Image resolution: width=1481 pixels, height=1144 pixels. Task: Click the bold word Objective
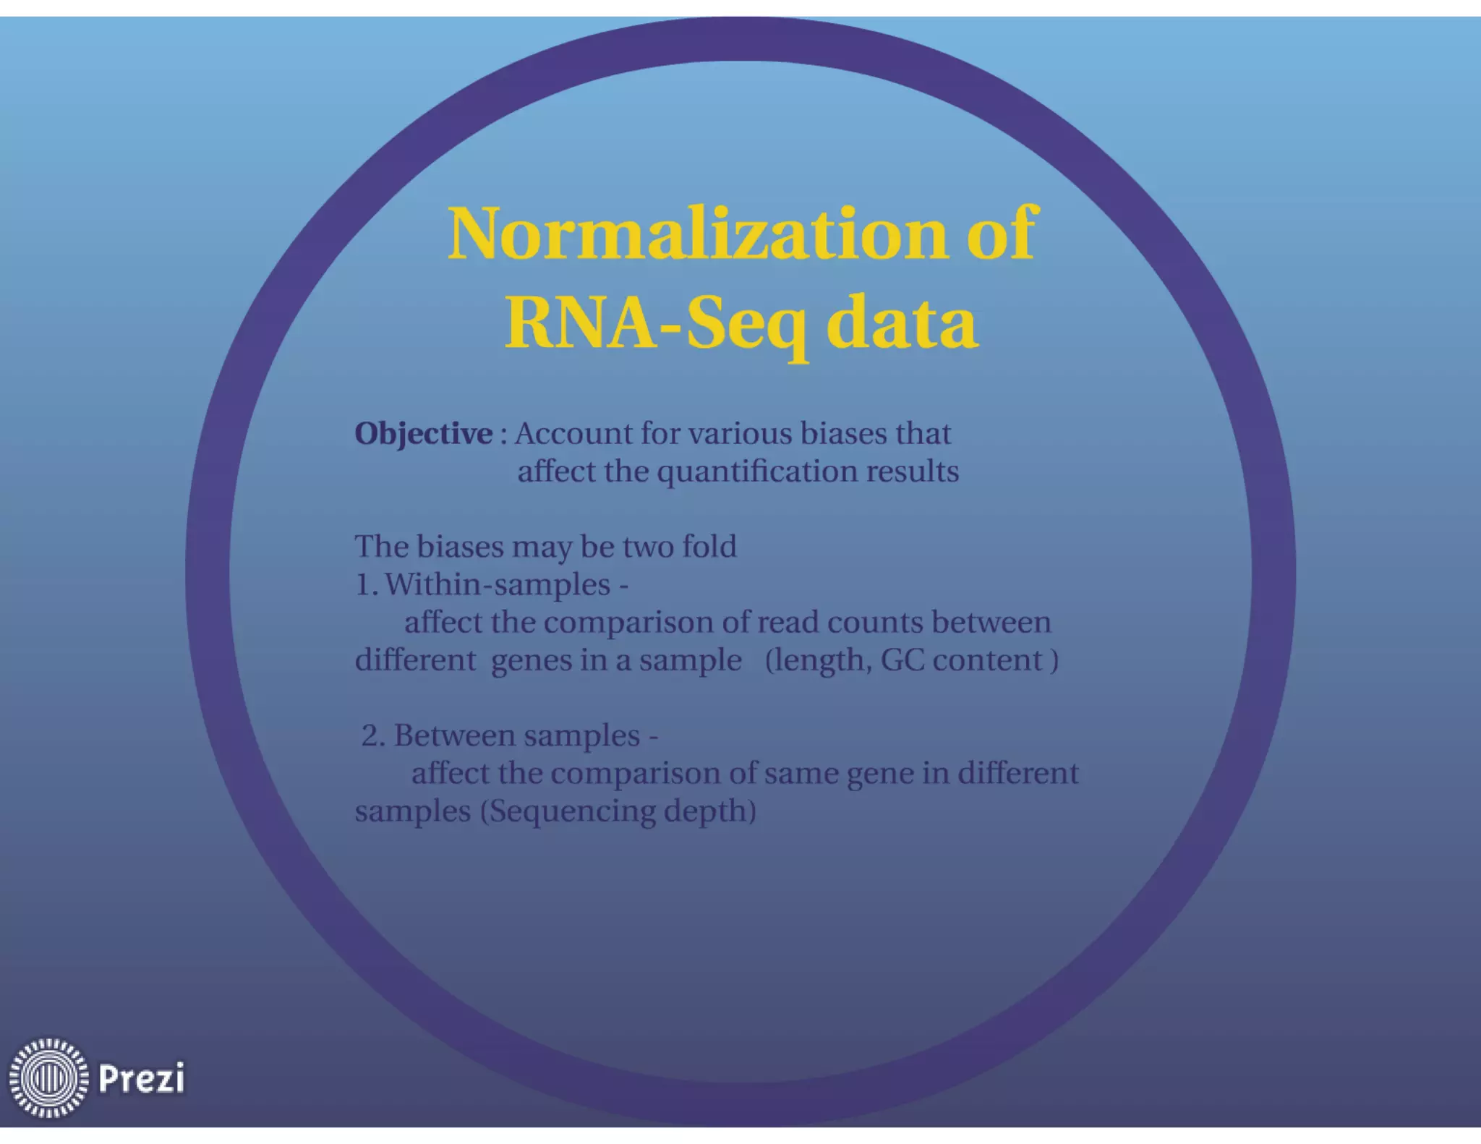tap(423, 434)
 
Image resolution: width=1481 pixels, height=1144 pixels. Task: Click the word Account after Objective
tap(573, 434)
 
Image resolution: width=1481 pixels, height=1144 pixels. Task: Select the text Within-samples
tap(498, 584)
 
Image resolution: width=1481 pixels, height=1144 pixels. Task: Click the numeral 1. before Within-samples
tap(366, 584)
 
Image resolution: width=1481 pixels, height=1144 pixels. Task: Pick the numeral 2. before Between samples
tap(373, 736)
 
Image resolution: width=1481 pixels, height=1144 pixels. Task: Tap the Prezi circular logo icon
tap(48, 1077)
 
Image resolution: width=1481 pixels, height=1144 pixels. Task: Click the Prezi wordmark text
tap(141, 1078)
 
